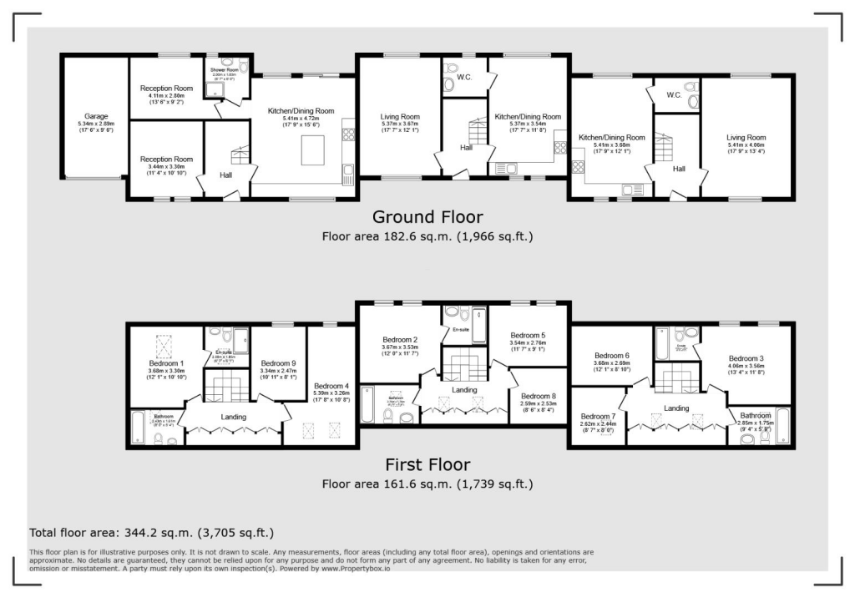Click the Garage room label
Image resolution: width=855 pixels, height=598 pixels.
pyautogui.click(x=95, y=117)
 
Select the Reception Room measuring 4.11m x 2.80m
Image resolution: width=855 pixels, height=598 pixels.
pyautogui.click(x=166, y=89)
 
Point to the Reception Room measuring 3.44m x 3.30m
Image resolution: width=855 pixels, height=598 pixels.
pyautogui.click(x=166, y=159)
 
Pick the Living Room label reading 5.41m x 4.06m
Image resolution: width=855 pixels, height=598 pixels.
pyautogui.click(x=746, y=138)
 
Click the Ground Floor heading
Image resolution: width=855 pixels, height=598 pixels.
pyautogui.click(x=427, y=217)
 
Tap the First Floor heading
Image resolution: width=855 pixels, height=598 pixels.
pyautogui.click(x=427, y=464)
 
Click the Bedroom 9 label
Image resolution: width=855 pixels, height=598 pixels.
pyautogui.click(x=278, y=364)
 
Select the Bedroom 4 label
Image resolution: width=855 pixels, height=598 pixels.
pyautogui.click(x=332, y=384)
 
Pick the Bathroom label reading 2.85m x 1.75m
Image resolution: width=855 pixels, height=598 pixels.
pyautogui.click(x=755, y=415)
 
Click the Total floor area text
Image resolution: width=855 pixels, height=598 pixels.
pyautogui.click(x=151, y=532)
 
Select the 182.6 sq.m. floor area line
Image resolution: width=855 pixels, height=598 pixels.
pyautogui.click(x=427, y=236)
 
